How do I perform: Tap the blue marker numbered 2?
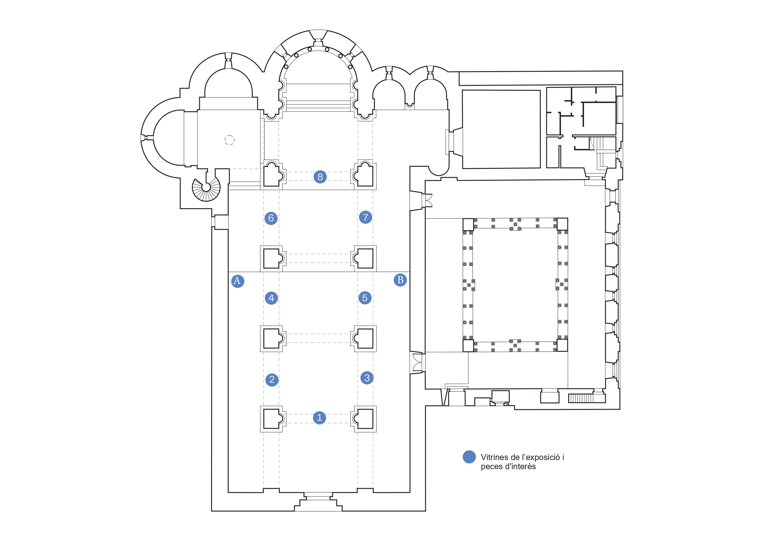[x=272, y=379]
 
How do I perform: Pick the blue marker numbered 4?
[x=271, y=298]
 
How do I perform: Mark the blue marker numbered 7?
[x=365, y=217]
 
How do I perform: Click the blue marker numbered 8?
[x=320, y=177]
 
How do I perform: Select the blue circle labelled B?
[x=400, y=280]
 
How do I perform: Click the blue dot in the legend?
[x=469, y=457]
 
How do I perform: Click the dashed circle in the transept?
[x=230, y=140]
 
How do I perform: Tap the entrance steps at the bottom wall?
[x=318, y=502]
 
